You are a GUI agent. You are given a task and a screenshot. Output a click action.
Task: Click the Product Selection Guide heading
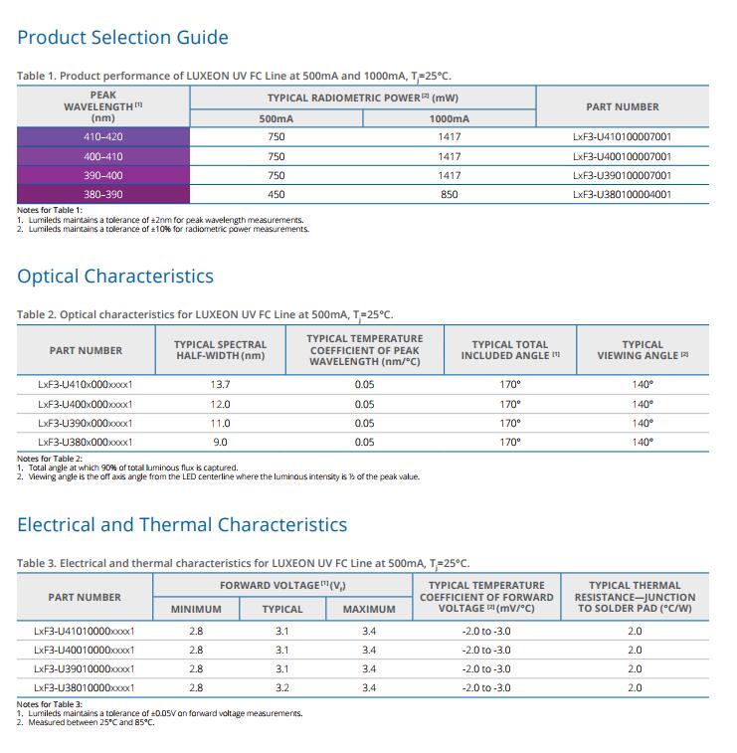click(x=123, y=38)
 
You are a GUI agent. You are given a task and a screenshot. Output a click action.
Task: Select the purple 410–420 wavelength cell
click(x=103, y=137)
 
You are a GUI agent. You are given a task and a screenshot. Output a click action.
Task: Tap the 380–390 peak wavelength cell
click(x=103, y=195)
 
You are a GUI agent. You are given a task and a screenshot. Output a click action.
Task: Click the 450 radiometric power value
click(x=276, y=195)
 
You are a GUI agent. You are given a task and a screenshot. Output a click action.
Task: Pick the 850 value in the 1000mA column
click(x=449, y=195)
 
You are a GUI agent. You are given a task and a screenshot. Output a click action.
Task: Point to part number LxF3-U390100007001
click(x=623, y=175)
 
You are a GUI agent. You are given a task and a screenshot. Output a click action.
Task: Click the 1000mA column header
click(x=449, y=118)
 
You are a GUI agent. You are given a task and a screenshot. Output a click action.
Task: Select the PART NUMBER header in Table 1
click(x=623, y=106)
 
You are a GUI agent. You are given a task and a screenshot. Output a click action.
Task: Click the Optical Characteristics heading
click(x=115, y=277)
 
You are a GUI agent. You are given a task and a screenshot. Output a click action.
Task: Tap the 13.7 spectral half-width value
click(x=220, y=385)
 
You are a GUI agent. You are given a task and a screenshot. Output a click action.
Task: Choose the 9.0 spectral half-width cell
click(x=220, y=442)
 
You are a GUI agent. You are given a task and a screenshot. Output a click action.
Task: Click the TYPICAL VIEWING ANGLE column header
click(x=643, y=350)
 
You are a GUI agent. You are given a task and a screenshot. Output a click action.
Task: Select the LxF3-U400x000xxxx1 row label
click(x=85, y=405)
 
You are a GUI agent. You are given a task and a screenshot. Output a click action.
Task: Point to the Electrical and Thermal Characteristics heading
click(x=182, y=525)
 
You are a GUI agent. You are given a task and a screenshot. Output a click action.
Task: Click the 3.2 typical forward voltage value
click(x=282, y=687)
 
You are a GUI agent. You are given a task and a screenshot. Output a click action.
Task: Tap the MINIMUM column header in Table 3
click(x=196, y=610)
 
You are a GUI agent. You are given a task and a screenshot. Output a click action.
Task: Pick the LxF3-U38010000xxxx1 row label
click(x=84, y=687)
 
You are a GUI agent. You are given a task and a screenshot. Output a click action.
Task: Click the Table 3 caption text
click(x=243, y=563)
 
